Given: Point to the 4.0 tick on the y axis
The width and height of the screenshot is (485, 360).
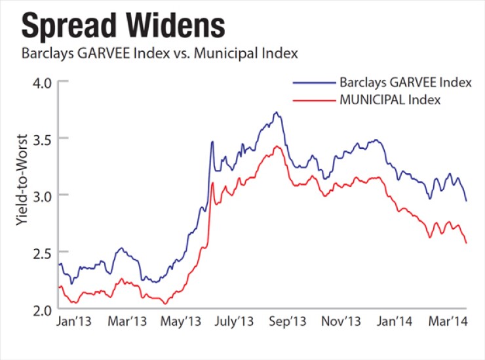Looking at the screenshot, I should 41,82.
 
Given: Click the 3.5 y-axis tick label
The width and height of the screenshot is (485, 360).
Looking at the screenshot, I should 41,138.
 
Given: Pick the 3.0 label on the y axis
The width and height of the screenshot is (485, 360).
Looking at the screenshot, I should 41,195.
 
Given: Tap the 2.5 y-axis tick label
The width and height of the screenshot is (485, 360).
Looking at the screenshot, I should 41,252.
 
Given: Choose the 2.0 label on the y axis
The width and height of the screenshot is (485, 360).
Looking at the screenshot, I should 41,309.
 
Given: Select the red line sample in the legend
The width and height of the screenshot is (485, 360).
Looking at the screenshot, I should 314,100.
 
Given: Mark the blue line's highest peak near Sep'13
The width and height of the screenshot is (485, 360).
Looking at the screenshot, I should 277,113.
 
